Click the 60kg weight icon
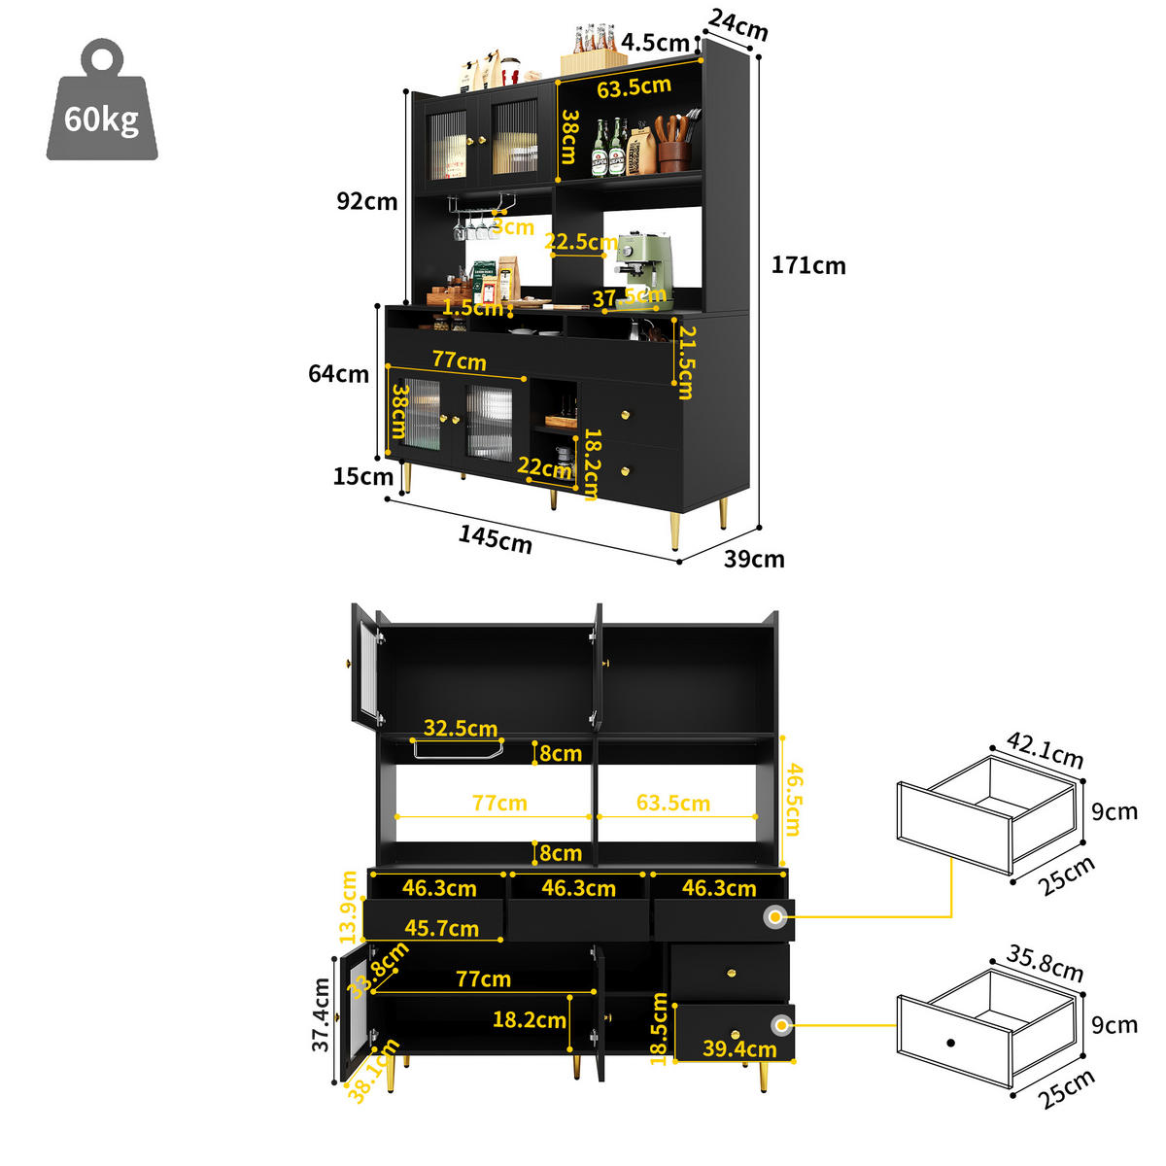(x=102, y=105)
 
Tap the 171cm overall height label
(x=808, y=265)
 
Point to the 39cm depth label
(x=754, y=559)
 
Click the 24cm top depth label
(x=737, y=25)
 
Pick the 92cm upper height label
(x=366, y=201)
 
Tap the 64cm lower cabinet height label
(x=338, y=373)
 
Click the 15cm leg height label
(x=362, y=476)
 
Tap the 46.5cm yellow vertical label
(x=794, y=799)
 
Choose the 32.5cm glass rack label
(x=461, y=728)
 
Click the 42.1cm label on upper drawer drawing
(x=1045, y=750)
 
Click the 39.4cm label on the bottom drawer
(x=739, y=1048)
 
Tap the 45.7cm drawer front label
(x=441, y=928)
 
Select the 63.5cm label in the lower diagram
(x=673, y=803)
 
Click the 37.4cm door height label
(x=322, y=1014)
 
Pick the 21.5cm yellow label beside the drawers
(x=686, y=362)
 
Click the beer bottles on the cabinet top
(x=594, y=39)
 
